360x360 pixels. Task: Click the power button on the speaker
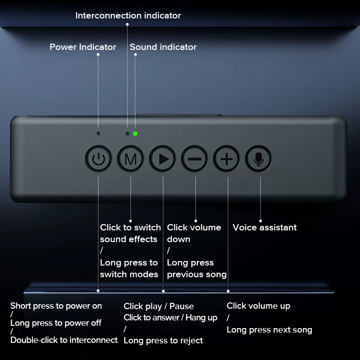(99, 159)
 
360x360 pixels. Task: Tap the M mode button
(130, 159)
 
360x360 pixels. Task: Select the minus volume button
(194, 159)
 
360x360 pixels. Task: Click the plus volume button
(226, 159)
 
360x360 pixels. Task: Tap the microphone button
(258, 159)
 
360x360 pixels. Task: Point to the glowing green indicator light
(135, 134)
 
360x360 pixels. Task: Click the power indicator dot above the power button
(98, 133)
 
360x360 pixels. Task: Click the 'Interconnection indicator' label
(128, 16)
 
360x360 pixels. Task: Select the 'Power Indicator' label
(83, 47)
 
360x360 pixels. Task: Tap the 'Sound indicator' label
(163, 47)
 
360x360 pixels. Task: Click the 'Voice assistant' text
(265, 228)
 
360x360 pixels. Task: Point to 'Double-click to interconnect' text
(64, 340)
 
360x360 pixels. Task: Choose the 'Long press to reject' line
(163, 341)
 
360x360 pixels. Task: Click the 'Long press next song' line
(270, 330)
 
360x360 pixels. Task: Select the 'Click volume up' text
(258, 306)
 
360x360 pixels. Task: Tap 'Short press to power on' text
(56, 306)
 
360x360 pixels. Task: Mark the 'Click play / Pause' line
(159, 306)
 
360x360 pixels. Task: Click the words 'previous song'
(197, 274)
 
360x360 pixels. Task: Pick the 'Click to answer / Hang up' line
(171, 318)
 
